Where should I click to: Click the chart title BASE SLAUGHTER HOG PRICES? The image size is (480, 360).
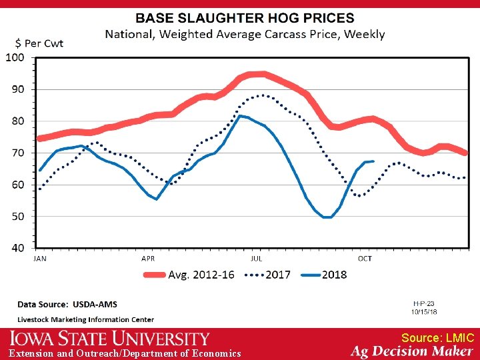point(245,19)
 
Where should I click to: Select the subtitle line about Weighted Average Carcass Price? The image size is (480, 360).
point(245,34)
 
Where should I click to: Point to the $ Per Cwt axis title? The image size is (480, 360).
point(35,43)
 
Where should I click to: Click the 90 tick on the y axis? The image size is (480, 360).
point(17,89)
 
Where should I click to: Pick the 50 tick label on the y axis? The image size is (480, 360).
point(17,217)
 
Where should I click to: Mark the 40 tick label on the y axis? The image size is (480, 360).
point(17,248)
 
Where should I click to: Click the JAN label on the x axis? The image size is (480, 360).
point(40,259)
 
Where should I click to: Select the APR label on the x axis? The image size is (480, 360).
point(148,259)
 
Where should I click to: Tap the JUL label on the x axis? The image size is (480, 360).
point(257,259)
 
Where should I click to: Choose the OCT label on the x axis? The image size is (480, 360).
point(365,259)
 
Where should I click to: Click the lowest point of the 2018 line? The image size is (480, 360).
point(327,217)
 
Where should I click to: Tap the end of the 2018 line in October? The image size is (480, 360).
point(373,161)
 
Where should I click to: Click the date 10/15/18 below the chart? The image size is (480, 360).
point(423,311)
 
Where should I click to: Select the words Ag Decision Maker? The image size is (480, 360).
point(412,351)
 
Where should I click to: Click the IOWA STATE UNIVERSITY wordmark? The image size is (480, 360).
point(109,339)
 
